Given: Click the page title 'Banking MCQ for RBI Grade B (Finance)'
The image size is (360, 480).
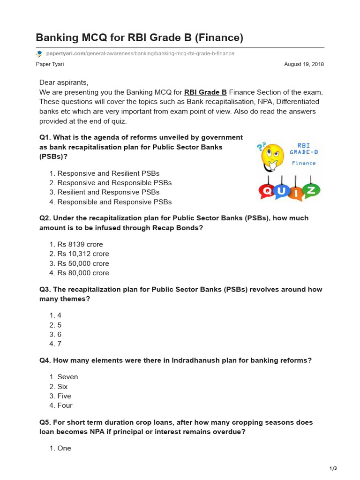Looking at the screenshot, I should (139, 37).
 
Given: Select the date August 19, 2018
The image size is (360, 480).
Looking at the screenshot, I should (304, 64).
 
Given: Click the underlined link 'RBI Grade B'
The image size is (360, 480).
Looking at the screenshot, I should (205, 92).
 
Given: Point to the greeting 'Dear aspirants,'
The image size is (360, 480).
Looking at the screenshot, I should (64, 82).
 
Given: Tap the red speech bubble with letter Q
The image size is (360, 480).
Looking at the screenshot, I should (269, 190).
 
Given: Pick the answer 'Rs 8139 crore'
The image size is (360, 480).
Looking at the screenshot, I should (80, 244).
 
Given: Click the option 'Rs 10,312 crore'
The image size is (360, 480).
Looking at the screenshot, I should (83, 254).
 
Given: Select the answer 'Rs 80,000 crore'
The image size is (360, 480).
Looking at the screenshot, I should (83, 273).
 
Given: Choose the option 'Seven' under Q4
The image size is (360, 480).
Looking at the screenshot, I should (67, 377).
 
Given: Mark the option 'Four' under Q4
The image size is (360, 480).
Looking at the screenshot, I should (65, 405).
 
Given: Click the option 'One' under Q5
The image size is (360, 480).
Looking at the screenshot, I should (64, 448).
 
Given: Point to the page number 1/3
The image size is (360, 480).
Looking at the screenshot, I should (333, 468).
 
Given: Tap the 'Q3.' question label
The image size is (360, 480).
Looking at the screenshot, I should (45, 289).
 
